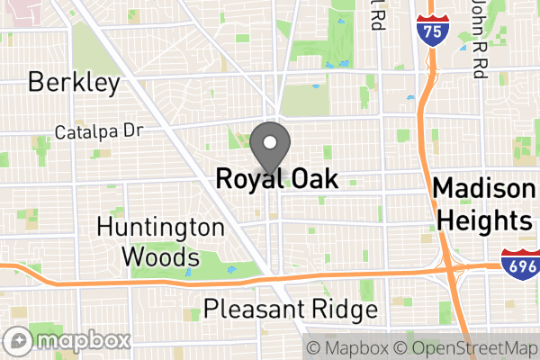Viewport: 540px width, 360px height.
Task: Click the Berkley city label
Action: pos(74,84)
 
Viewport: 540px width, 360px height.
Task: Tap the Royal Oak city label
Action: pos(277,179)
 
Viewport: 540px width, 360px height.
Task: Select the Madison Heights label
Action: pos(482,205)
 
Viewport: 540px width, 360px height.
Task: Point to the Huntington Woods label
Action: pos(161,241)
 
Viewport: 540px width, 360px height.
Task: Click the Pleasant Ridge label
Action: pos(290,310)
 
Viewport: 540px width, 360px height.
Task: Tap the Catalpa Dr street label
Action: pos(99,131)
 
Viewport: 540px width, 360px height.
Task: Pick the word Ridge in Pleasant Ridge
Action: pos(338,310)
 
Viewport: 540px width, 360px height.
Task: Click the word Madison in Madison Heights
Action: pos(482,189)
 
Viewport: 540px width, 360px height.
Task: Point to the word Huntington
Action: pos(161,227)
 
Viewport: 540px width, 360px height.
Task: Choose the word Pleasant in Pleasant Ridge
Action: pos(247,310)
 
